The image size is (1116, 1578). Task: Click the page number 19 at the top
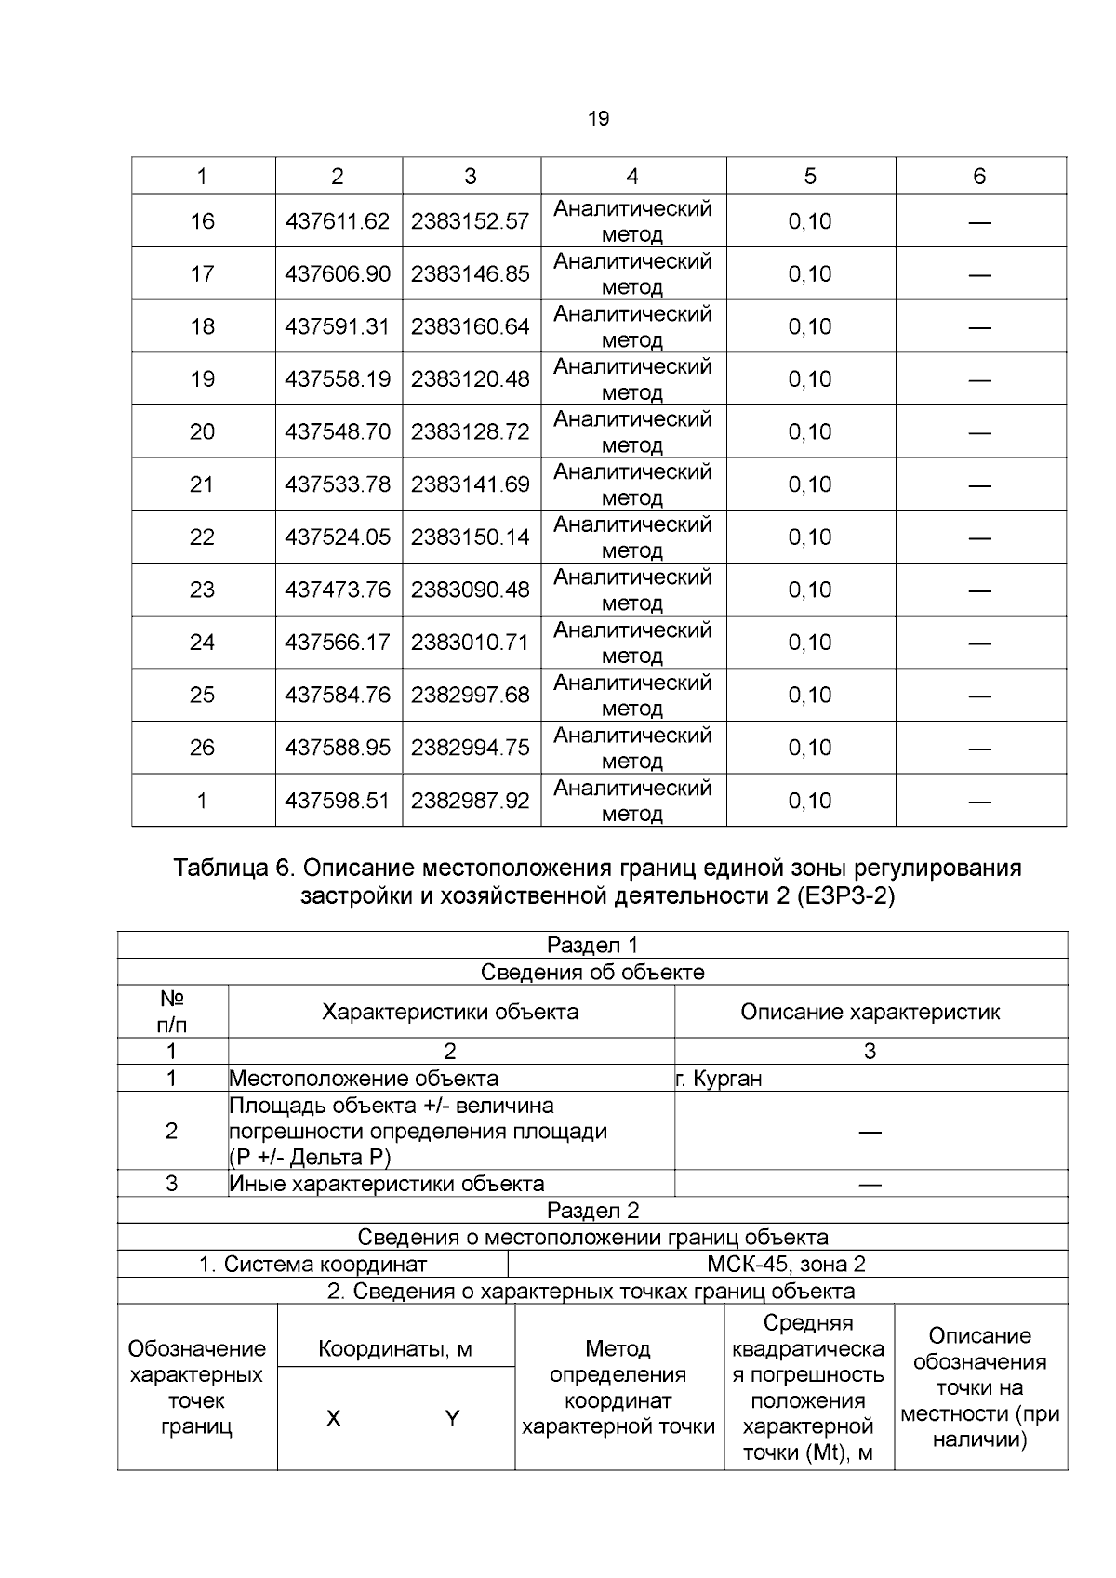pyautogui.click(x=599, y=119)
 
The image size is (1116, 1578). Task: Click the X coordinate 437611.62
pyautogui.click(x=338, y=221)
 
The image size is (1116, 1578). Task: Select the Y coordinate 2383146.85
pyautogui.click(x=471, y=274)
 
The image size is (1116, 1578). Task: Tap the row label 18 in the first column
pyautogui.click(x=202, y=326)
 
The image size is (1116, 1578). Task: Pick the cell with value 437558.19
pyautogui.click(x=338, y=379)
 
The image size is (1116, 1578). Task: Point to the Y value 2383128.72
pyautogui.click(x=471, y=431)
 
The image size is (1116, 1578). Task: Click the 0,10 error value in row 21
pyautogui.click(x=809, y=484)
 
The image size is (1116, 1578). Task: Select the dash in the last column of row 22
pyautogui.click(x=979, y=537)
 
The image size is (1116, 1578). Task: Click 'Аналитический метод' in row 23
pyautogui.click(x=632, y=590)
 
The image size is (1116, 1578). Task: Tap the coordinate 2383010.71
pyautogui.click(x=471, y=643)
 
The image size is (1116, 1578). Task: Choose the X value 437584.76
pyautogui.click(x=338, y=695)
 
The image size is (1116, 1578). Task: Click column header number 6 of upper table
pyautogui.click(x=979, y=177)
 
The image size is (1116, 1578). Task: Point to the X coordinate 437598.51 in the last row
pyautogui.click(x=338, y=801)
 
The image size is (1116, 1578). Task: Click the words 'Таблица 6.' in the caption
pyautogui.click(x=233, y=869)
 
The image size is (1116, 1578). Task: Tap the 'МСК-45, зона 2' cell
pyautogui.click(x=787, y=1264)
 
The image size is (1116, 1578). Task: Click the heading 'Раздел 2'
pyautogui.click(x=592, y=1211)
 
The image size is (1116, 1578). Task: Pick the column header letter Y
pyautogui.click(x=453, y=1419)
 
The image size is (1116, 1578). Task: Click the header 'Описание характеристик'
pyautogui.click(x=870, y=1012)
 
